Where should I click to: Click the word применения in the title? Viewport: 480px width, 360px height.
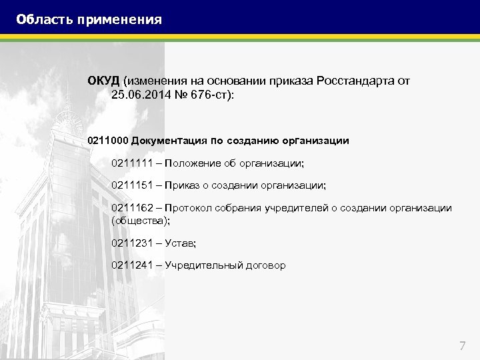[x=119, y=19]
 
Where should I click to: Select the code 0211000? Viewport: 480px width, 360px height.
[x=108, y=141]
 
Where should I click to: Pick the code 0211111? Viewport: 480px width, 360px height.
[x=132, y=163]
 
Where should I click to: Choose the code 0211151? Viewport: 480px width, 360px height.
[x=132, y=185]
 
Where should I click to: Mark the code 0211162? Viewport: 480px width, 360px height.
[x=132, y=208]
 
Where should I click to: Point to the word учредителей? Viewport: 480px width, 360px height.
[x=296, y=208]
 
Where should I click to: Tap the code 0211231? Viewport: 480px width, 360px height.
[x=132, y=243]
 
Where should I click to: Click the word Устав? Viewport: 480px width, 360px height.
[x=179, y=243]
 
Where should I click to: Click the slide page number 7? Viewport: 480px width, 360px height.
[x=463, y=345]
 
